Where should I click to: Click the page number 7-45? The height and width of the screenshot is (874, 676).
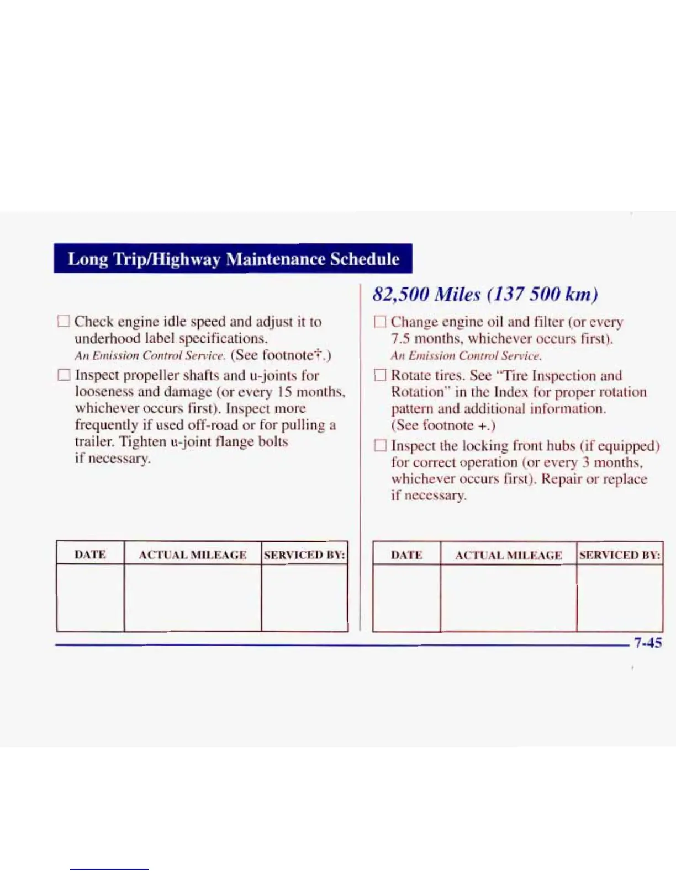(x=647, y=643)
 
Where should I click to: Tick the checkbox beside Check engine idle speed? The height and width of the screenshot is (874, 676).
(x=64, y=321)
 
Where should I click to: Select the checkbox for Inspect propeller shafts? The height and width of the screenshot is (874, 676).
(x=64, y=375)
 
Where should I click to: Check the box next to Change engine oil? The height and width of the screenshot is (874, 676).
(x=379, y=322)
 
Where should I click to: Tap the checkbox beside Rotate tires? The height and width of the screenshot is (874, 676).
(x=379, y=375)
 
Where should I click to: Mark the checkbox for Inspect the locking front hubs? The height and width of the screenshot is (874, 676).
(x=379, y=445)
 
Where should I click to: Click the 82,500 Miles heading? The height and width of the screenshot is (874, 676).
(x=485, y=294)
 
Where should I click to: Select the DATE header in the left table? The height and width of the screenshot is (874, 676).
(x=90, y=555)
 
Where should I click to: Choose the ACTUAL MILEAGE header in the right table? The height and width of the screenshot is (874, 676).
(x=508, y=555)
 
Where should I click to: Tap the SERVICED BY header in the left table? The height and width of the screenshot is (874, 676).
(x=304, y=555)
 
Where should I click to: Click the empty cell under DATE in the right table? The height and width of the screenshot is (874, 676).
(x=406, y=598)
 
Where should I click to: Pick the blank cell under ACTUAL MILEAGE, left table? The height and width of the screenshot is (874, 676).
(x=192, y=598)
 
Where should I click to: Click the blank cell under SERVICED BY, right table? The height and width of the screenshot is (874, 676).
(x=620, y=598)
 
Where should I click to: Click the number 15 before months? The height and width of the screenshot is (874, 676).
(x=284, y=392)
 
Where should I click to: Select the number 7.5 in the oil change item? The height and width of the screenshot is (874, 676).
(x=400, y=338)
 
